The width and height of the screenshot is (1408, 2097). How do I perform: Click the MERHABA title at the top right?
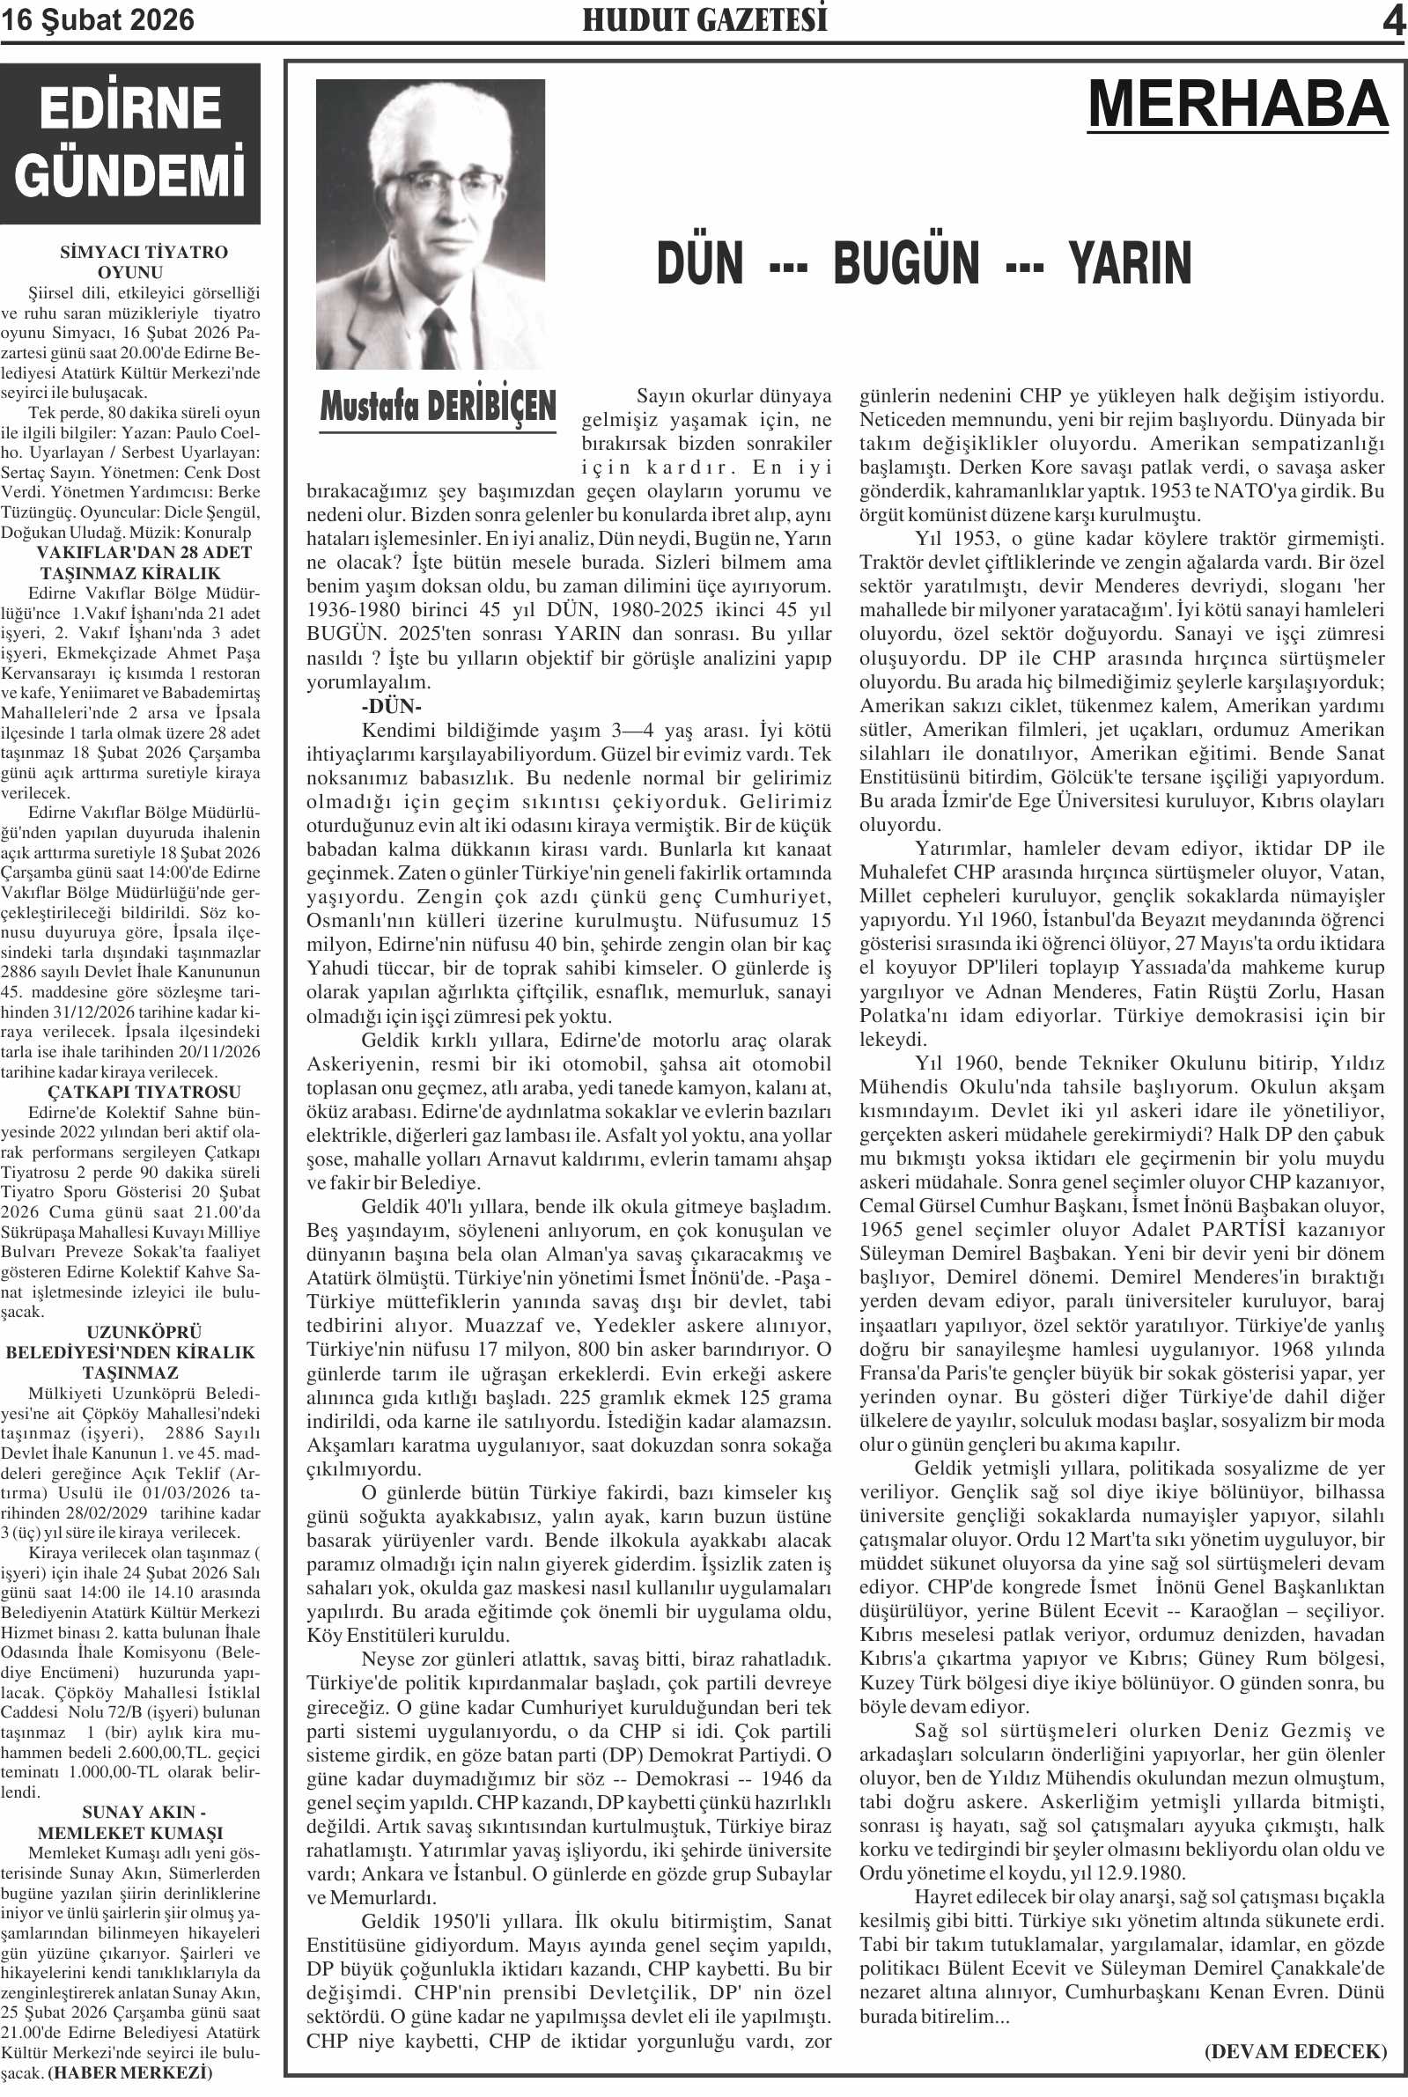[x=1238, y=104]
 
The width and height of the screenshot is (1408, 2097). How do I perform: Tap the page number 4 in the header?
[x=1393, y=21]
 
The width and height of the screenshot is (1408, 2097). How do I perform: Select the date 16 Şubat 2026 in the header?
[x=97, y=20]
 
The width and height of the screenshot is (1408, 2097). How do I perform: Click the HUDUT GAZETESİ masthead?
[x=704, y=20]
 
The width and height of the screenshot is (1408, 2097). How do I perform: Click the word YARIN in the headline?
[x=1130, y=264]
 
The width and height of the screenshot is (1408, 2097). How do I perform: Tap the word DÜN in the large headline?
[x=700, y=264]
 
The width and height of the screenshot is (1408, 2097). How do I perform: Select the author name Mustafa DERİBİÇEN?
[x=439, y=407]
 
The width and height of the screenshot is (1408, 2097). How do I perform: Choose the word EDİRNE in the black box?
[x=130, y=108]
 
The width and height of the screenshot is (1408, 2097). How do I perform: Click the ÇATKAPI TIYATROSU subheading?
[x=144, y=1092]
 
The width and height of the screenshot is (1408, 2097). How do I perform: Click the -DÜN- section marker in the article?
[x=392, y=705]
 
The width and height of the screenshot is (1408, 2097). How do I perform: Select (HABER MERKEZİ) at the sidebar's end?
[x=130, y=2072]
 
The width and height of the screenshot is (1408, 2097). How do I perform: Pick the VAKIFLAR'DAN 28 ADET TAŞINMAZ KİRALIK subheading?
[x=143, y=562]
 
